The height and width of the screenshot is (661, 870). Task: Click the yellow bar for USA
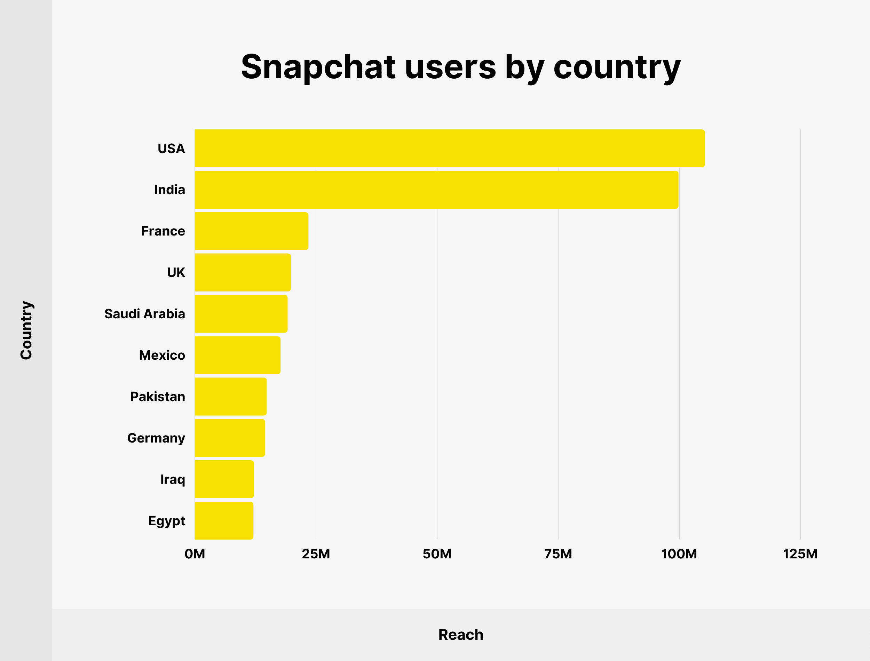449,148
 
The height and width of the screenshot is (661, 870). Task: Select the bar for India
436,190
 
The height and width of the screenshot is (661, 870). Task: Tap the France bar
252,231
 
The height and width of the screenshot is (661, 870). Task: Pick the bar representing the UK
243,272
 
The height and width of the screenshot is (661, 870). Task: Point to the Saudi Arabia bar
241,313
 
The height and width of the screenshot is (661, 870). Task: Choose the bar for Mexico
237,355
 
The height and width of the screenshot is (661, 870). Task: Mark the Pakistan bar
231,396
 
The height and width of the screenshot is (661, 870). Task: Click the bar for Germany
230,438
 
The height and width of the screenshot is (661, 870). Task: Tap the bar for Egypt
224,520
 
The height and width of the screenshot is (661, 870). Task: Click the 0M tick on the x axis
195,554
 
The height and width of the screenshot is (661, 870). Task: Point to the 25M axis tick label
316,554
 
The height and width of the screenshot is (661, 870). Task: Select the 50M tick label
437,554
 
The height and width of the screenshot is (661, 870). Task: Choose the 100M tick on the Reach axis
679,554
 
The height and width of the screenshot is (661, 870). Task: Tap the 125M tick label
800,554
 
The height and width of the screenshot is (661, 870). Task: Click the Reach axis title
461,635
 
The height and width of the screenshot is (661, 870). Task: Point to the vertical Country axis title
26,330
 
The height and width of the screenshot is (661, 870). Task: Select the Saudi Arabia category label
144,313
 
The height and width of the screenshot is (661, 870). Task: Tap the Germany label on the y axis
156,438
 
